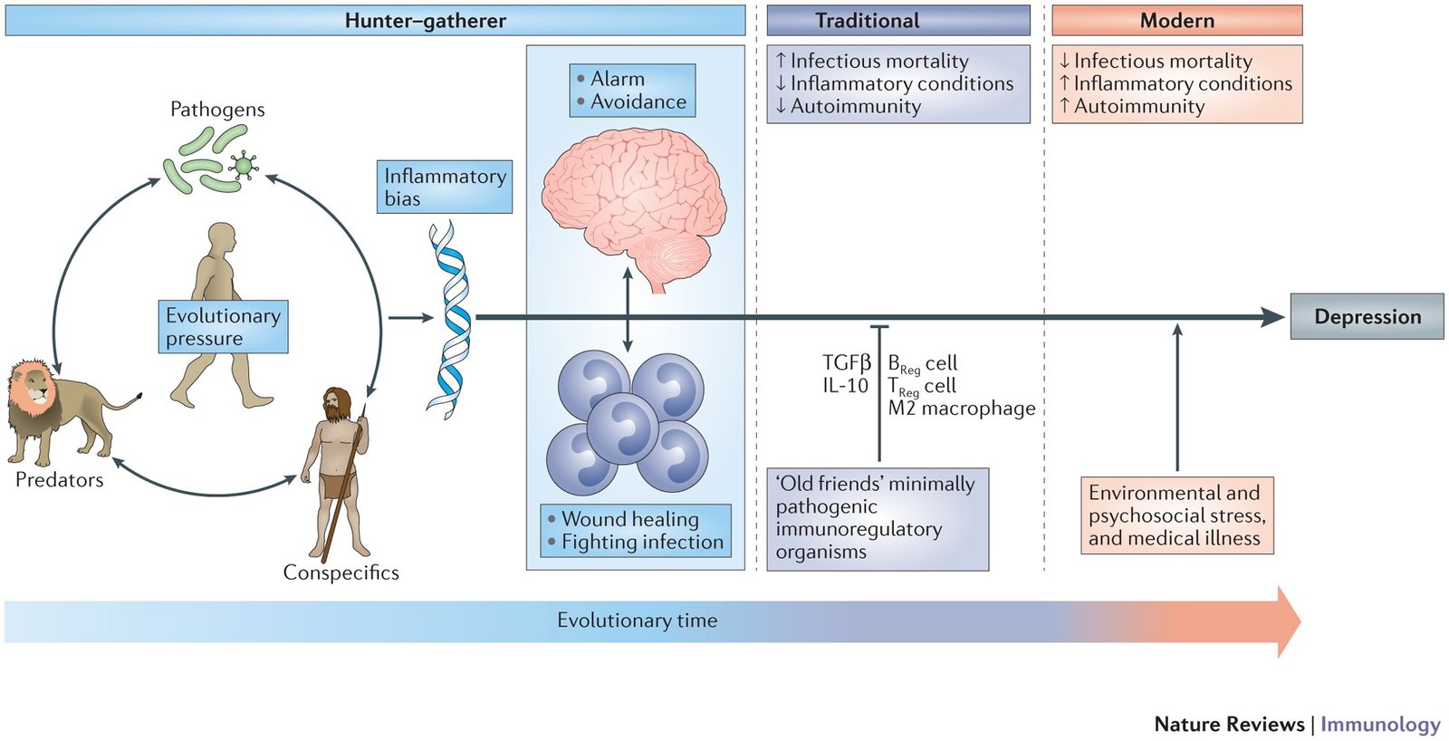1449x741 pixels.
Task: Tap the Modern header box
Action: [x=1176, y=20]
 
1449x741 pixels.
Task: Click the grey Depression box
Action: [x=1367, y=316]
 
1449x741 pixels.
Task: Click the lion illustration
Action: [x=59, y=408]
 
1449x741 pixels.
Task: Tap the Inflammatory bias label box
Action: [x=444, y=187]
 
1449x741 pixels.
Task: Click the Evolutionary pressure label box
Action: [x=223, y=326]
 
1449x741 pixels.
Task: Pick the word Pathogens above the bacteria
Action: [x=217, y=110]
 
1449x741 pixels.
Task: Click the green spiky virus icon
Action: [x=242, y=166]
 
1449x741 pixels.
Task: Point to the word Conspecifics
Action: [x=341, y=573]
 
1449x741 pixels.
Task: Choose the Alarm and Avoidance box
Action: [x=632, y=91]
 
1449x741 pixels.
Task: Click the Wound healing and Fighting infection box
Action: [x=635, y=530]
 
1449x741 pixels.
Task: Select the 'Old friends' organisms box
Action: [x=877, y=518]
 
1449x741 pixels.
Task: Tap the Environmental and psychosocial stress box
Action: [x=1176, y=515]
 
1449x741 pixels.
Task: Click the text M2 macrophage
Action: [x=961, y=409]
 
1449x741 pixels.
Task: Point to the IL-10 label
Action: [x=845, y=386]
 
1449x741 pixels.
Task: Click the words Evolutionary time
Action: [x=637, y=621]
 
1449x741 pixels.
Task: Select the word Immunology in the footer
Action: [x=1379, y=724]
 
